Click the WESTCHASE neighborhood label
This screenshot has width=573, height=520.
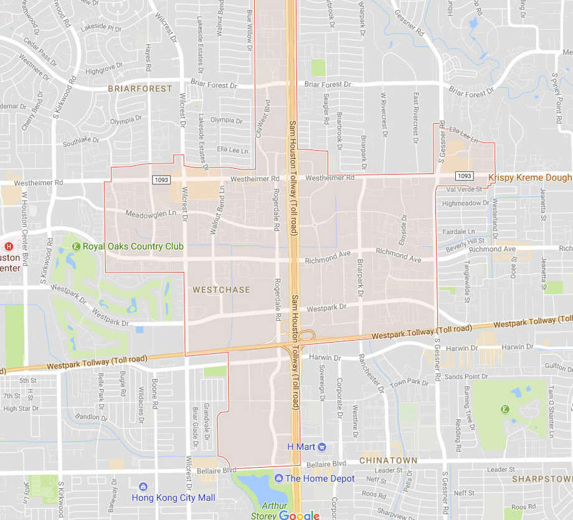pyautogui.click(x=221, y=290)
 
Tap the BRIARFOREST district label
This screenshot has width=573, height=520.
pyautogui.click(x=140, y=88)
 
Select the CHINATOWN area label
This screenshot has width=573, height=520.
pyautogui.click(x=388, y=461)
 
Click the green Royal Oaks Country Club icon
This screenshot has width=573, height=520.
pyautogui.click(x=77, y=247)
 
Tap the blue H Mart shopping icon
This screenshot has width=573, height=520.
pyautogui.click(x=321, y=447)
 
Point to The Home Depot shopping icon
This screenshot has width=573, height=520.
pyautogui.click(x=279, y=478)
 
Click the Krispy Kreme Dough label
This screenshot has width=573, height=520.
pyautogui.click(x=529, y=177)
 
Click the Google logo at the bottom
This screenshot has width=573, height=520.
pyautogui.click(x=299, y=515)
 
